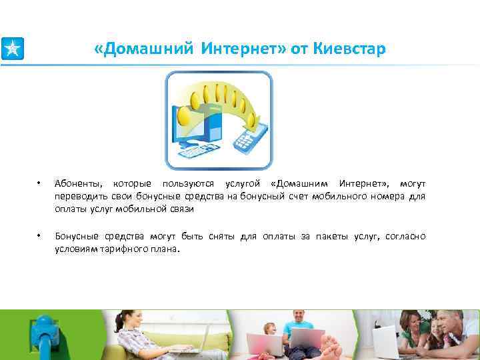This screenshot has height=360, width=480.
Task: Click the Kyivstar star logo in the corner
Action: click(12, 49)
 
